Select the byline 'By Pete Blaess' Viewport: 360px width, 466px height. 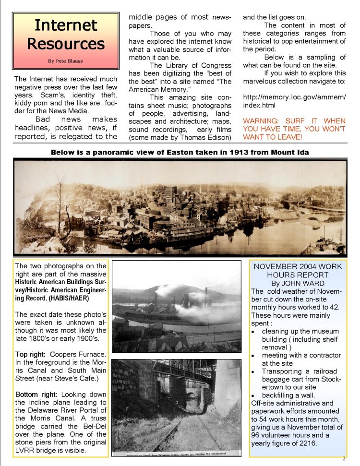(x=66, y=61)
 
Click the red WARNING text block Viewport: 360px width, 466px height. (x=294, y=129)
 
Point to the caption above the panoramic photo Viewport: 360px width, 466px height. (x=180, y=152)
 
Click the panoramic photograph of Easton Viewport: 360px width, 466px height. (x=180, y=207)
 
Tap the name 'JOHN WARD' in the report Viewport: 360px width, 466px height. (x=309, y=283)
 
